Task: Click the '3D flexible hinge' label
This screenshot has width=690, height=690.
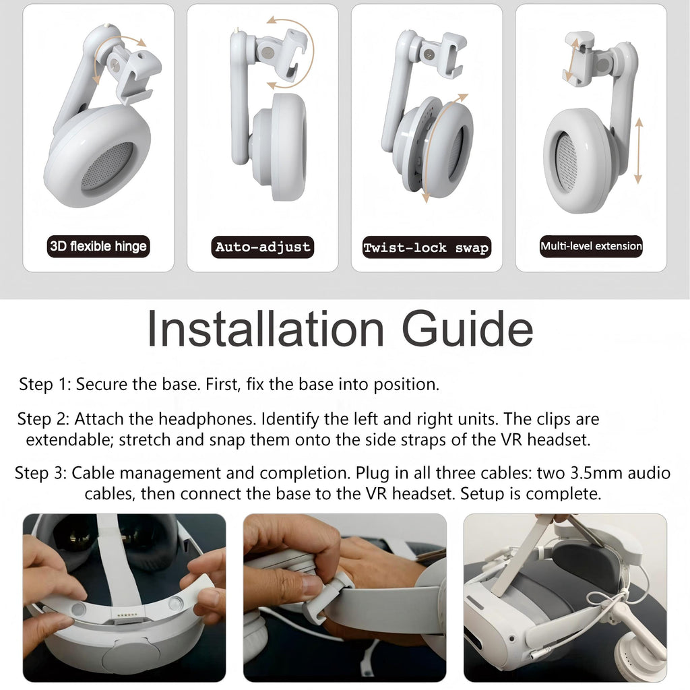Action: coord(98,246)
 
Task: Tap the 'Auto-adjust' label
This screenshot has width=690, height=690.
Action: coord(263,247)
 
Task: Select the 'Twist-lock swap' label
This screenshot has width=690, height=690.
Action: coord(427,247)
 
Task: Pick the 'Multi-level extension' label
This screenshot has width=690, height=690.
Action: coord(591,246)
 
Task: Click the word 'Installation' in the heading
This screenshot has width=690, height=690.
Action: coord(265,329)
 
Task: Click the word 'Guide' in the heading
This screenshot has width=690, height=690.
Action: coord(468,329)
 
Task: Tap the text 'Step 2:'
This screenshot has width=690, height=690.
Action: coord(43,419)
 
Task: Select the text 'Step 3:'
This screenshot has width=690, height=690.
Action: coord(40,473)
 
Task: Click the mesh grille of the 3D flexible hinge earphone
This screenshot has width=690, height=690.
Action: coord(107,167)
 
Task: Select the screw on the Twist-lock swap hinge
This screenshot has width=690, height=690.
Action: coord(427,55)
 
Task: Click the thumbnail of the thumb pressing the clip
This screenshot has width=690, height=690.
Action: coord(344,598)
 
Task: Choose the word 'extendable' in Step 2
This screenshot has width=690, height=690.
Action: coord(69,439)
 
